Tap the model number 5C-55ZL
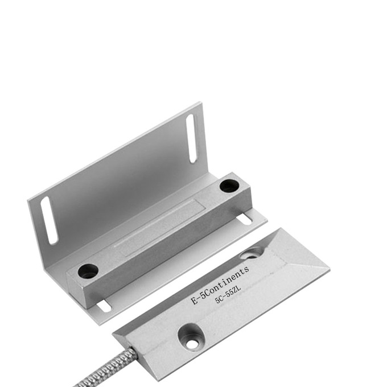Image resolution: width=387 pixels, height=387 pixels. click(228, 294)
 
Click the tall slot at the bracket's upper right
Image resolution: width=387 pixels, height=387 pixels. click(192, 138)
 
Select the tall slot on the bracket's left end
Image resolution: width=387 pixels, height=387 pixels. click(49, 220)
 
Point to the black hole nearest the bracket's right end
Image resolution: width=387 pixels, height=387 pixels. click(229, 186)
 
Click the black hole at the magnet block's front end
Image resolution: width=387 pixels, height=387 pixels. click(88, 270)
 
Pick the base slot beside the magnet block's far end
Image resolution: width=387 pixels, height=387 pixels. click(245, 220)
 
